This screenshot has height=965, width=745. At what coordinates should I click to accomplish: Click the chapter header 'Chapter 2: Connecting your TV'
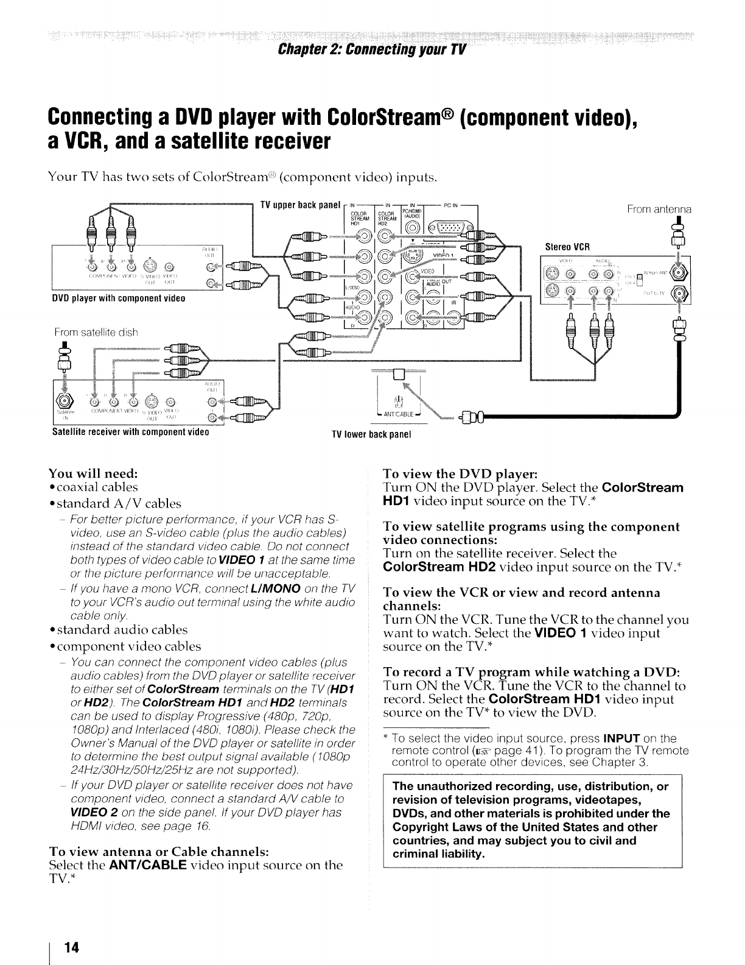(372, 48)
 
